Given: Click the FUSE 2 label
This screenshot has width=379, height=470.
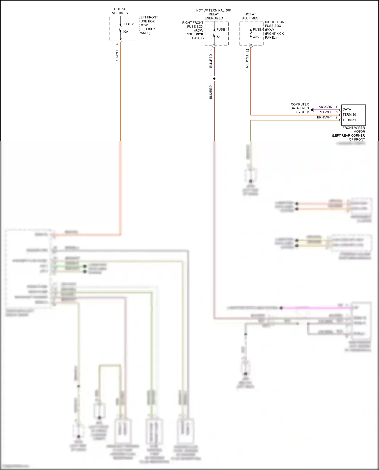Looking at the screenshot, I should click(x=128, y=24).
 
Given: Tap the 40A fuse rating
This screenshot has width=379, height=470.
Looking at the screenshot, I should click(x=125, y=32).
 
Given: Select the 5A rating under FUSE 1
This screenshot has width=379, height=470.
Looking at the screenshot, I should click(x=218, y=37).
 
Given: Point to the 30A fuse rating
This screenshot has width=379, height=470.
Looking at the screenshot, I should click(x=256, y=37).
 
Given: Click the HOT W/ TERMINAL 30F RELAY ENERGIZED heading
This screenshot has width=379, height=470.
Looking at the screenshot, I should click(x=214, y=14).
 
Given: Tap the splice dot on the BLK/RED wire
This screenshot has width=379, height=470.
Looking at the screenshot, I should click(x=214, y=79).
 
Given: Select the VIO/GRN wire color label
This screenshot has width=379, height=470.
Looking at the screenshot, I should click(x=325, y=107).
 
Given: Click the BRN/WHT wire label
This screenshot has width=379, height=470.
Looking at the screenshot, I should click(x=324, y=117).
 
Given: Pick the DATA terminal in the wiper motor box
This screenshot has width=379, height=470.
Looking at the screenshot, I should click(x=347, y=109).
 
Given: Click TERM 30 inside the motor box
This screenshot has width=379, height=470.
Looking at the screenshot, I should click(x=349, y=115).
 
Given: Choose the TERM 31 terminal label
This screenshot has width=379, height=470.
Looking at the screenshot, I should click(x=349, y=120).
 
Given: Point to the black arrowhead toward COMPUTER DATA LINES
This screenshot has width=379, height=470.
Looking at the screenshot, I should click(x=312, y=110).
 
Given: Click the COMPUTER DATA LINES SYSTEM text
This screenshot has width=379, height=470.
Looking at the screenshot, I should click(x=300, y=108).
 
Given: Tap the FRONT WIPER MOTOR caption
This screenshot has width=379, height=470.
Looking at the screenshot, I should click(x=353, y=130).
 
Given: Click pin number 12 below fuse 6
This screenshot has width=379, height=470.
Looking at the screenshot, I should click(x=247, y=50).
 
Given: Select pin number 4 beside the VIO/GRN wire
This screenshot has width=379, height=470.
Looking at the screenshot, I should click(x=336, y=107).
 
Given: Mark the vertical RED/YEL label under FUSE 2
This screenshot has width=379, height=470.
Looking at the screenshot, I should click(x=117, y=56).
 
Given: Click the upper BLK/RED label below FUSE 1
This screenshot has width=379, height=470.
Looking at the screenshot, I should click(x=211, y=61).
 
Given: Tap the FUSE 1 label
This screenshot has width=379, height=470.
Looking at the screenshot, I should click(x=222, y=30).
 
